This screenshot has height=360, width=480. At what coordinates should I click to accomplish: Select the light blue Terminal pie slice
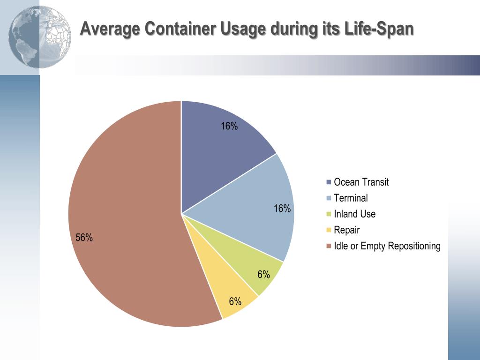pyautogui.click(x=253, y=206)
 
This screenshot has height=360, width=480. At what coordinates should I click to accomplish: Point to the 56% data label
pyautogui.click(x=84, y=238)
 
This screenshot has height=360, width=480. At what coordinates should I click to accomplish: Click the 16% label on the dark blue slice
pyautogui.click(x=230, y=126)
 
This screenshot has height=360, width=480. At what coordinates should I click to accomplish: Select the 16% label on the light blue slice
pyautogui.click(x=282, y=209)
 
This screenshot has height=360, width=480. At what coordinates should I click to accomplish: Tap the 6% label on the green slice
pyautogui.click(x=263, y=275)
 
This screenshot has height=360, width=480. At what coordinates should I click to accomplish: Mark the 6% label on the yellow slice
pyautogui.click(x=235, y=301)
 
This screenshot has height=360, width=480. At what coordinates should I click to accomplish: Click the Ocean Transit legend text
pyautogui.click(x=361, y=182)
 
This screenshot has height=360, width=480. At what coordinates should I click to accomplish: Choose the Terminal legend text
pyautogui.click(x=351, y=198)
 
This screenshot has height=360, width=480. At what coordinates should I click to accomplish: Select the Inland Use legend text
pyautogui.click(x=354, y=214)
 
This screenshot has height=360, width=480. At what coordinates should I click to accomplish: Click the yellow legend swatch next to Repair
pyautogui.click(x=329, y=230)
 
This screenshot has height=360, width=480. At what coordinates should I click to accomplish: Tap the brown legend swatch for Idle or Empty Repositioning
pyautogui.click(x=329, y=246)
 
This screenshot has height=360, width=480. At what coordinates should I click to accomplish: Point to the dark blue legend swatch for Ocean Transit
pyautogui.click(x=329, y=182)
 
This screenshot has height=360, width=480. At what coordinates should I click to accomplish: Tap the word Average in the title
pyautogui.click(x=110, y=29)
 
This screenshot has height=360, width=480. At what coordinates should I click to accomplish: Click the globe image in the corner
pyautogui.click(x=40, y=37)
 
